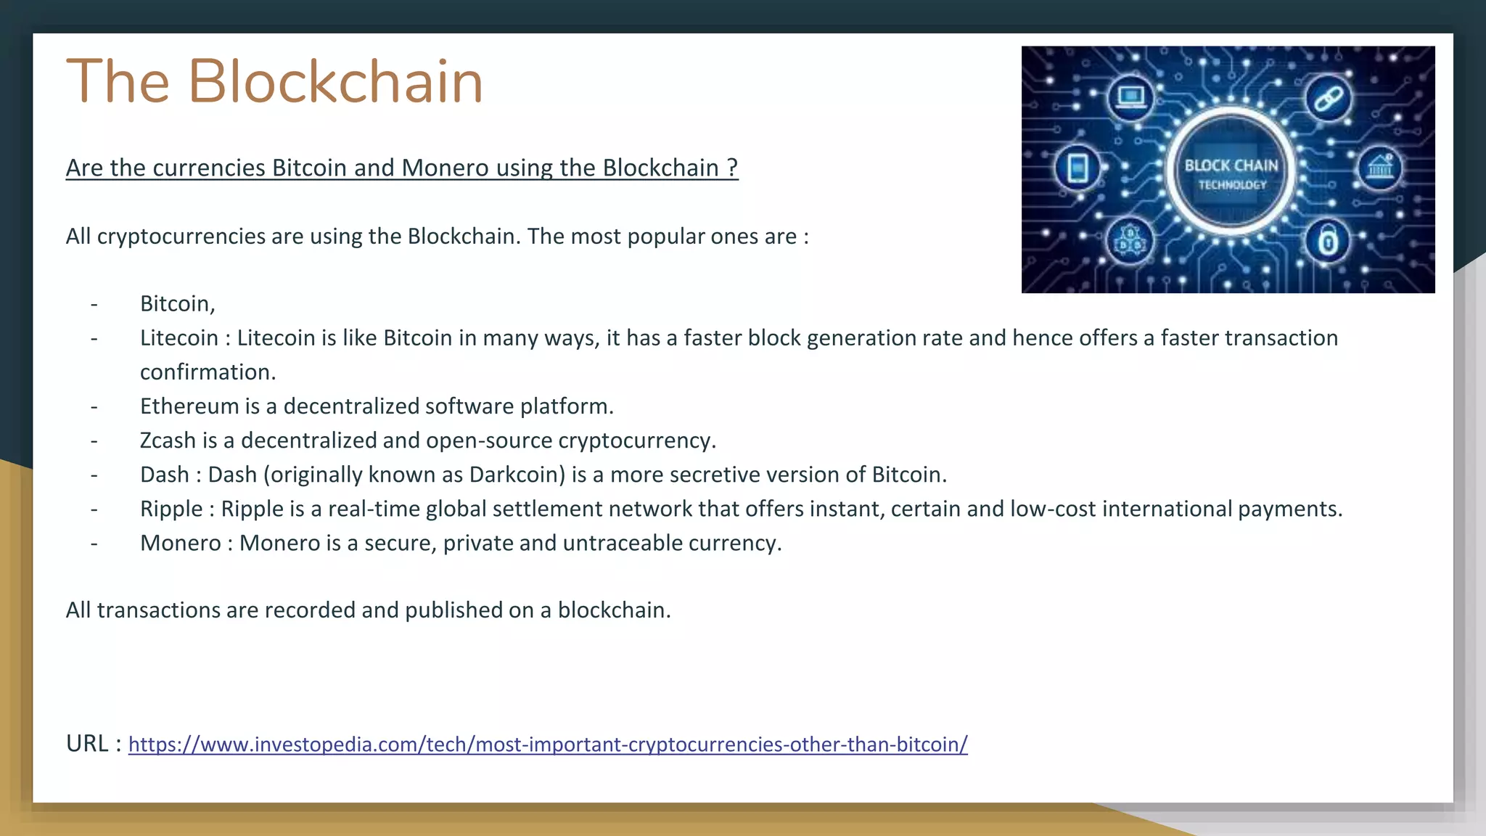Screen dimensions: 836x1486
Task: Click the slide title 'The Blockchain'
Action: [274, 81]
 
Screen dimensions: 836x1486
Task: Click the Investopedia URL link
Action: [548, 745]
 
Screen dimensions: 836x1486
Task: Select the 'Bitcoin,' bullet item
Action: [178, 303]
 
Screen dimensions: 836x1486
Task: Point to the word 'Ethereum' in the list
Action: [189, 406]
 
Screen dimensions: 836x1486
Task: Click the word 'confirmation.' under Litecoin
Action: [208, 372]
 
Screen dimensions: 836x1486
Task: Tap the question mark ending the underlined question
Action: [732, 168]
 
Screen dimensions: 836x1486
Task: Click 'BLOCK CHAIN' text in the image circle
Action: [1231, 165]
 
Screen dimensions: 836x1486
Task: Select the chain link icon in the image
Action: [1328, 99]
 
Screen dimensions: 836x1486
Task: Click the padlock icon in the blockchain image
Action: [1327, 241]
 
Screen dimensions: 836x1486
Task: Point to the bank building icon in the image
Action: [1379, 168]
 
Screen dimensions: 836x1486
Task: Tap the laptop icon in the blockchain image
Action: [1130, 97]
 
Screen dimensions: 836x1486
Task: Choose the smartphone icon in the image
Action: [1077, 168]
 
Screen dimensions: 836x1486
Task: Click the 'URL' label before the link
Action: [87, 744]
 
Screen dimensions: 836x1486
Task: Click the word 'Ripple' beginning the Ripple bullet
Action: [171, 509]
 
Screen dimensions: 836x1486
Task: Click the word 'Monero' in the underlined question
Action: [445, 168]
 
